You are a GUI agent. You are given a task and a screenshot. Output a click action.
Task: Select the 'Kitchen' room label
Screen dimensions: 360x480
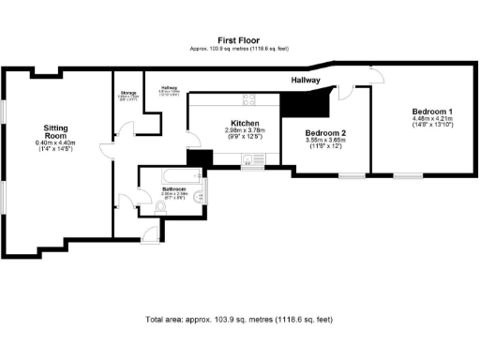245,123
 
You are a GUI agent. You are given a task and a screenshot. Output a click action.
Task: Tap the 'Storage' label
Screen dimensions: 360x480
127,94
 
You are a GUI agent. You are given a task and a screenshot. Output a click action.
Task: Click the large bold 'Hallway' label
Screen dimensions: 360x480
306,81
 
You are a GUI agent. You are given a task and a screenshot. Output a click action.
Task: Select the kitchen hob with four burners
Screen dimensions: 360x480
250,98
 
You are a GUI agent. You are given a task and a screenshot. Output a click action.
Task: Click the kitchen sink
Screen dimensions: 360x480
250,160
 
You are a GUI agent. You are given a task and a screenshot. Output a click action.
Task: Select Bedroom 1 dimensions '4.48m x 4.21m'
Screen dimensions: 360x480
431,119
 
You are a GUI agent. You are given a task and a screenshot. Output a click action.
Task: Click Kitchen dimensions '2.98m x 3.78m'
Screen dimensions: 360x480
245,130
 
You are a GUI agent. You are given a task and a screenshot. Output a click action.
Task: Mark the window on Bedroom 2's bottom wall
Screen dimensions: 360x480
352,175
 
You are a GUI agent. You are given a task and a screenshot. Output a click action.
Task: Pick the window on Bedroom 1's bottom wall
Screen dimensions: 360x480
405,175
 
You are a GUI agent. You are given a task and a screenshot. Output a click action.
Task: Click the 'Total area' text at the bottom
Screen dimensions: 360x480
240,320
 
